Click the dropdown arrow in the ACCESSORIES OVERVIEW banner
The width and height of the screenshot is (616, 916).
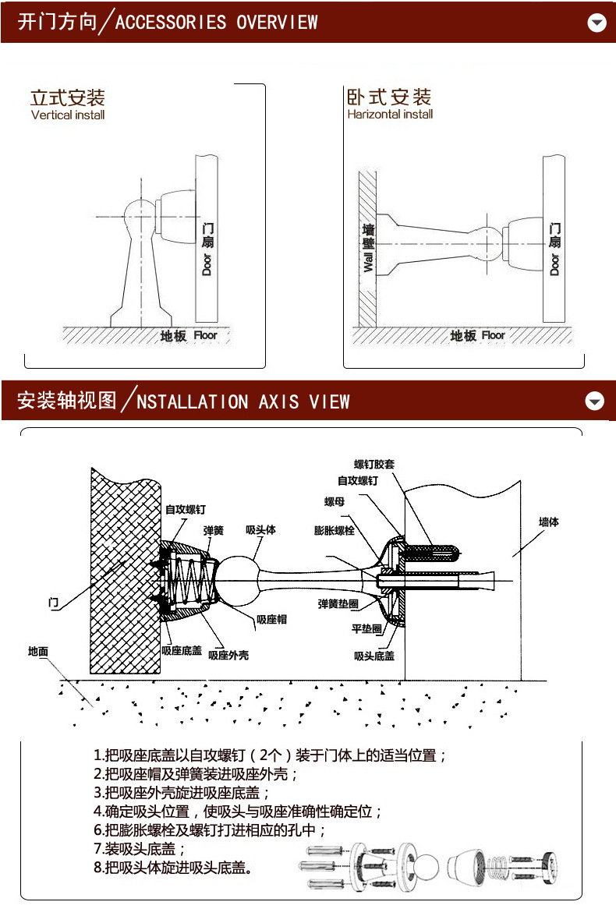coord(597,22)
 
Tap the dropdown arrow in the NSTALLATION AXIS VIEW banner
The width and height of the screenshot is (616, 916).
coord(595,401)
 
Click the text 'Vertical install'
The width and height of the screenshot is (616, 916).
coord(68,115)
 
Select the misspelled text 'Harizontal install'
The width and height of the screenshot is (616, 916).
coord(390,115)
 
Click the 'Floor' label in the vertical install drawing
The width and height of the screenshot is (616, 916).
coord(205,335)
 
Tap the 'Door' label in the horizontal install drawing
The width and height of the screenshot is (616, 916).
coord(554,265)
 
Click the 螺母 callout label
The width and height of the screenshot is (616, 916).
coord(335,502)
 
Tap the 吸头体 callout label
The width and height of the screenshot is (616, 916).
coord(260,529)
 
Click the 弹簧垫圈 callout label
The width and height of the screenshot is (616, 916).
coord(338,604)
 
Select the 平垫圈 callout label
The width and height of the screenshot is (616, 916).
coord(366,628)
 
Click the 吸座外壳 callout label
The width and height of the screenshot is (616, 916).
coord(228,656)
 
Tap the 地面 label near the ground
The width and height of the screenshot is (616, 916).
coord(38,652)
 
